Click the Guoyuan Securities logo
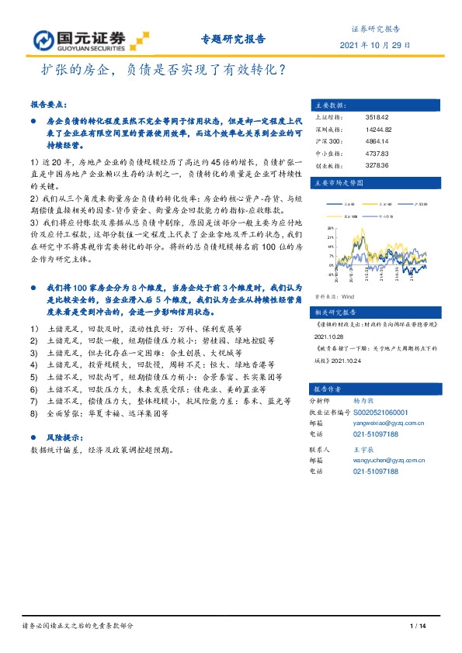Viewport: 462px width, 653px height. (x=85, y=40)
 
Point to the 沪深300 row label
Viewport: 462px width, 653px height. (x=325, y=140)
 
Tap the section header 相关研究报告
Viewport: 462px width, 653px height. (x=332, y=309)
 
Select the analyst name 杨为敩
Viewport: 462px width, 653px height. (x=365, y=401)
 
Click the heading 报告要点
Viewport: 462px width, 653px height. (x=49, y=104)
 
